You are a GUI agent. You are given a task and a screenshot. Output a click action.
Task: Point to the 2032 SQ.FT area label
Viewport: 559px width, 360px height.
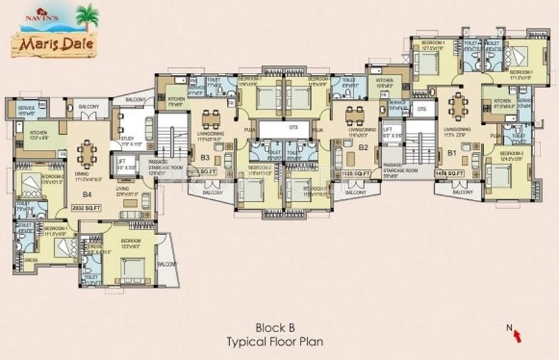87,208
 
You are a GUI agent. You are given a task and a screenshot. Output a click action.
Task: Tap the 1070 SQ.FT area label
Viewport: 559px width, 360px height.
201,173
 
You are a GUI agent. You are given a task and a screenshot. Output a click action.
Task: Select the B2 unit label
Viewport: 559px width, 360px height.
363,149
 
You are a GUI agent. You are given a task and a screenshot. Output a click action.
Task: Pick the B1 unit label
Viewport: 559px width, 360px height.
452,152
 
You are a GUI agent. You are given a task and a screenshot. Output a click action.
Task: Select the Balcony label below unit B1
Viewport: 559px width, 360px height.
463,192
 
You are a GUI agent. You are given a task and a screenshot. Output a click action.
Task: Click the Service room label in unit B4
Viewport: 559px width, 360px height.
26,109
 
